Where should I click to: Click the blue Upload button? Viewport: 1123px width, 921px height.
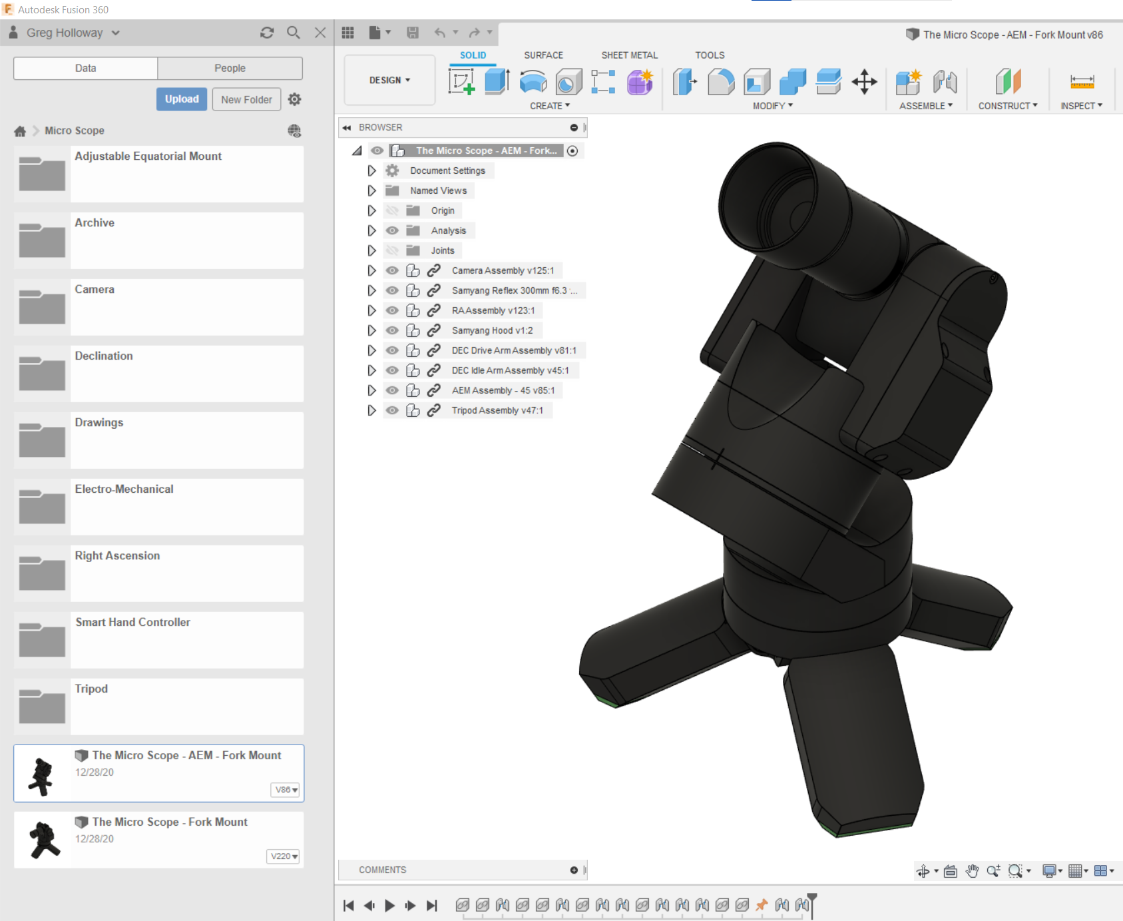182,99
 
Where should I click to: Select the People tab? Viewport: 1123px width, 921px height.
230,68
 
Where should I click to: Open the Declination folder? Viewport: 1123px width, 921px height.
104,356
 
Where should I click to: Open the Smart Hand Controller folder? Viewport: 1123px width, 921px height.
132,622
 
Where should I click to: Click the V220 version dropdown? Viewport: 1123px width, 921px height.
284,856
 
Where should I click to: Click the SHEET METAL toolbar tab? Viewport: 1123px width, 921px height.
629,55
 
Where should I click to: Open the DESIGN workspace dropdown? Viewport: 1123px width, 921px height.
389,80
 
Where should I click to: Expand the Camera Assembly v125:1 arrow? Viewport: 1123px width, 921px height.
371,270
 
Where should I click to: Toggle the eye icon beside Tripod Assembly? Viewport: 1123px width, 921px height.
392,410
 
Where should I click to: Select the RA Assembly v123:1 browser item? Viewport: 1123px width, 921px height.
493,310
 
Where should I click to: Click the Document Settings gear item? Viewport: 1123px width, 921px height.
447,170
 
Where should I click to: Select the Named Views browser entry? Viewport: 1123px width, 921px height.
438,190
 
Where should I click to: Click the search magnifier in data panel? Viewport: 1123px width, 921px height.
293,33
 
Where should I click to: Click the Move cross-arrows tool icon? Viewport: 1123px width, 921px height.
864,82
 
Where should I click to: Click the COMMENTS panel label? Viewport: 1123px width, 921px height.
382,870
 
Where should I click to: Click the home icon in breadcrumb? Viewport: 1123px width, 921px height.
20,131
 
